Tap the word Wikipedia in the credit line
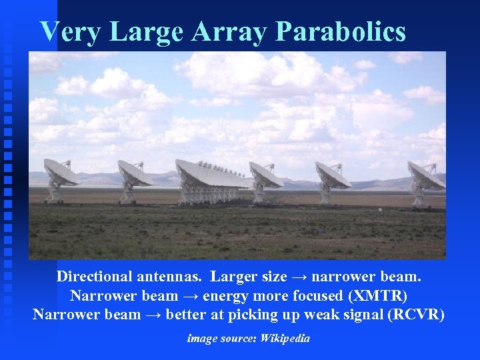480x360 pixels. (285, 339)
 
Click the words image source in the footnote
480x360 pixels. (221, 339)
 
